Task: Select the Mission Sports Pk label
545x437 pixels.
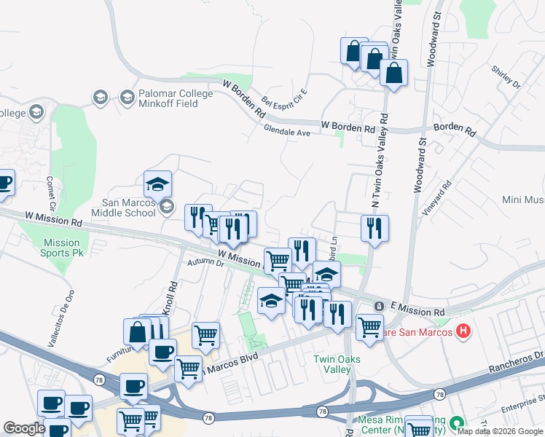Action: tap(61, 248)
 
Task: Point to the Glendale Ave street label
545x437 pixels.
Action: tap(287, 133)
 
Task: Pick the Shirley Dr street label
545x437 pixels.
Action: tap(506, 79)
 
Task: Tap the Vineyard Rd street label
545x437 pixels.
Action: tap(436, 198)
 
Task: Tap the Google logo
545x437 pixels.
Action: tap(25, 428)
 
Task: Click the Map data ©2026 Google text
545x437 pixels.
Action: tap(499, 431)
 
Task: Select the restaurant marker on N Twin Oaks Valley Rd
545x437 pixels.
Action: tap(375, 229)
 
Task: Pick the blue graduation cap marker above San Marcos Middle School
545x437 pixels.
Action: tap(157, 184)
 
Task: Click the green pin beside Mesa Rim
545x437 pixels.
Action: tap(457, 422)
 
